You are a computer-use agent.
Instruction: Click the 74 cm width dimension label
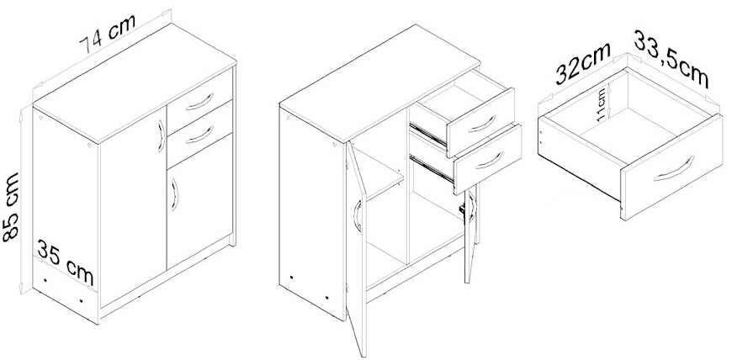pyautogui.click(x=108, y=34)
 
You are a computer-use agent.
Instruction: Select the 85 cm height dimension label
pyautogui.click(x=10, y=207)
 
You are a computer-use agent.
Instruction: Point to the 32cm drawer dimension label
pyautogui.click(x=583, y=63)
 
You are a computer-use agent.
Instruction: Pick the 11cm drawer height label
pyautogui.click(x=602, y=104)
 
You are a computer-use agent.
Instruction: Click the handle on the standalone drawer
pyautogui.click(x=674, y=170)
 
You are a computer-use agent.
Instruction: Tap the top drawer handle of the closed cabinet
pyautogui.click(x=199, y=101)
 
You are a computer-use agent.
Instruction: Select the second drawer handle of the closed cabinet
pyautogui.click(x=199, y=135)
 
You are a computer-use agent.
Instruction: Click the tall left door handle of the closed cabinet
pyautogui.click(x=162, y=136)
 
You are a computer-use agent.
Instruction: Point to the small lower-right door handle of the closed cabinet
pyautogui.click(x=175, y=194)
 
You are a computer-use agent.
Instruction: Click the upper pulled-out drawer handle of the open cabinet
pyautogui.click(x=481, y=124)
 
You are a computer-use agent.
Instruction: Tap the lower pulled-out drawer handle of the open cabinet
pyautogui.click(x=489, y=160)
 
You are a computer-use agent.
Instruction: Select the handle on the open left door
pyautogui.click(x=357, y=215)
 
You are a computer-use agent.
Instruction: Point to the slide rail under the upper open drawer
pyautogui.click(x=428, y=133)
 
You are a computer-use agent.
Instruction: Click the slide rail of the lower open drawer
pyautogui.click(x=432, y=168)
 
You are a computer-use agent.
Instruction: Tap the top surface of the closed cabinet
pyautogui.click(x=135, y=82)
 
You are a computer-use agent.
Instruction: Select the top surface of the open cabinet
pyautogui.click(x=380, y=82)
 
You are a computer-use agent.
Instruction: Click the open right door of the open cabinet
pyautogui.click(x=470, y=234)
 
